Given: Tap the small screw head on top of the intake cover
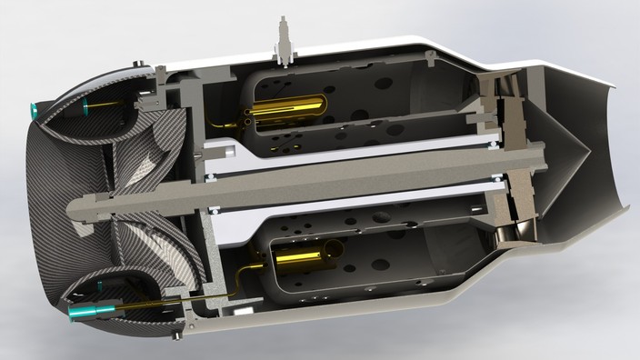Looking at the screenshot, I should (x=137, y=65).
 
